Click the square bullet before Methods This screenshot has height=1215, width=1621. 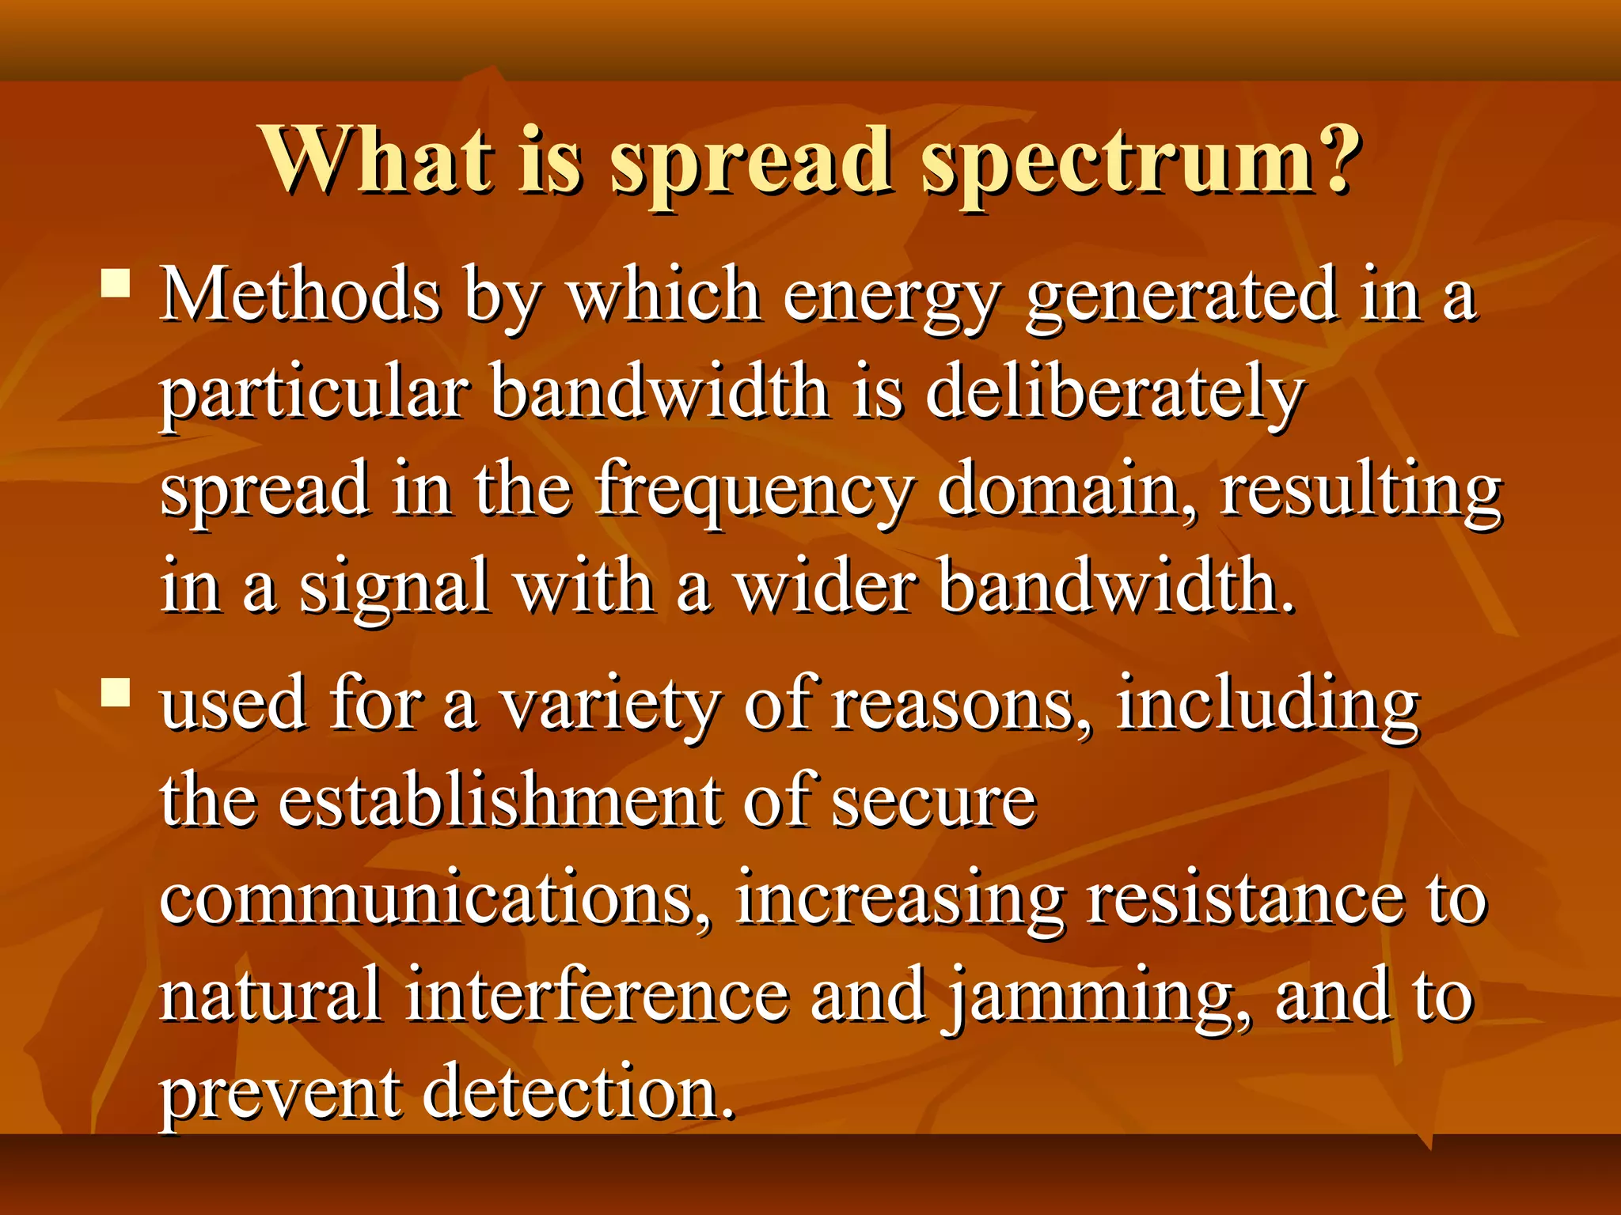[x=116, y=282]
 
